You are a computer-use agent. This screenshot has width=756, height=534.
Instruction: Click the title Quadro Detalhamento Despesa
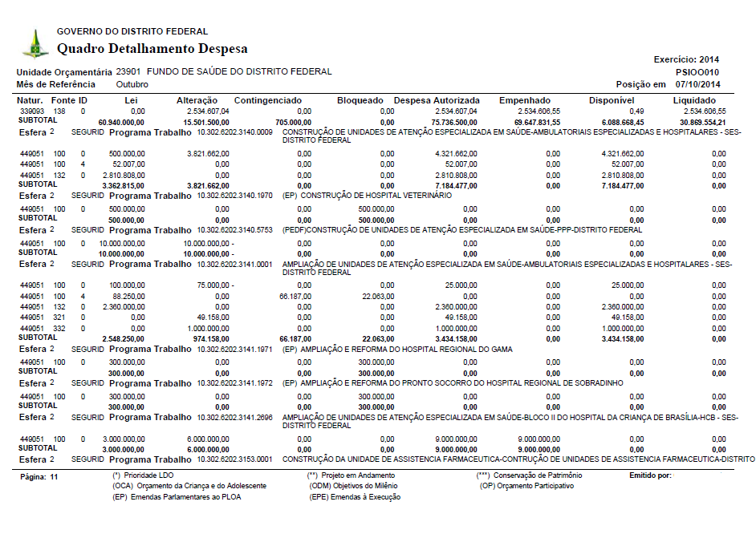pyautogui.click(x=152, y=49)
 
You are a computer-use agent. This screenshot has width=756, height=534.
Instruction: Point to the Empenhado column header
pyautogui.click(x=524, y=100)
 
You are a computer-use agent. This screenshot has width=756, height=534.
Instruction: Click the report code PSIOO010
pyautogui.click(x=698, y=71)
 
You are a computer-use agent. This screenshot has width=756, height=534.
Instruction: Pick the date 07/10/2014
pyautogui.click(x=698, y=84)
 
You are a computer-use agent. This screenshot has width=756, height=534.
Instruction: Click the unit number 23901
pyautogui.click(x=129, y=71)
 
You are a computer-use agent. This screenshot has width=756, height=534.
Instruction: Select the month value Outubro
pyautogui.click(x=132, y=84)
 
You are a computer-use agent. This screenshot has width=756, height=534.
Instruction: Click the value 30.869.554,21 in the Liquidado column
pyautogui.click(x=698, y=120)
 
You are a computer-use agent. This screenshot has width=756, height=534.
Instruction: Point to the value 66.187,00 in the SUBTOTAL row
pyautogui.click(x=294, y=338)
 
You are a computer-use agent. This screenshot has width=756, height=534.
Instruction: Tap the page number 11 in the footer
pyautogui.click(x=54, y=476)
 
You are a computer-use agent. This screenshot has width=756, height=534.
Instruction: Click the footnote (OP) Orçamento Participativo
pyautogui.click(x=527, y=486)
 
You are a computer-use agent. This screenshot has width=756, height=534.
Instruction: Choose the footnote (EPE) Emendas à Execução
pyautogui.click(x=355, y=497)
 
